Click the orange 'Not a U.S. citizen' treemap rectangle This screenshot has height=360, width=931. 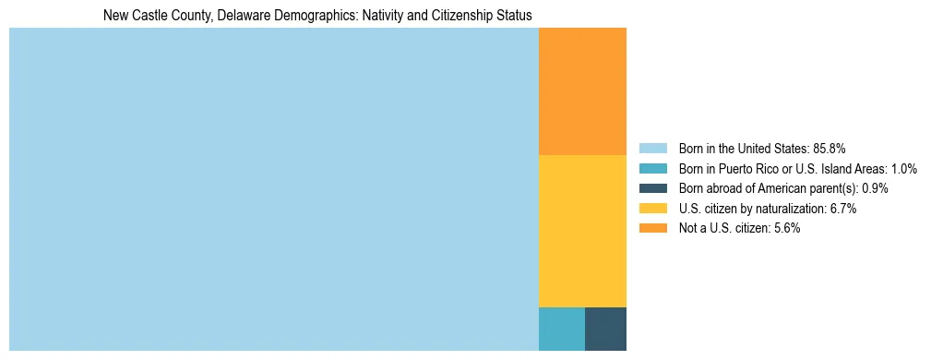coord(582,91)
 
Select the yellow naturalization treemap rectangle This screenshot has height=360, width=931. coord(582,231)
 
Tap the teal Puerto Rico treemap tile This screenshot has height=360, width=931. coord(561,329)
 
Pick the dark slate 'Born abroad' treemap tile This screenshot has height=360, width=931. coord(605,329)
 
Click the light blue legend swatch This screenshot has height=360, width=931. coord(652,149)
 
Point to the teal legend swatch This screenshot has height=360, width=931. coord(652,169)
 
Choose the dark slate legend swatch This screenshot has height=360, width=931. coord(652,188)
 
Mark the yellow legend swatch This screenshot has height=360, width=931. coord(652,209)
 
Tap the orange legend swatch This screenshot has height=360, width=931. coord(652,228)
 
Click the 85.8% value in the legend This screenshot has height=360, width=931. coord(830,149)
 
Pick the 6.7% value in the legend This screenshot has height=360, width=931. coord(843,209)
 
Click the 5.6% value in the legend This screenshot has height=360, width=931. coord(786,228)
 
